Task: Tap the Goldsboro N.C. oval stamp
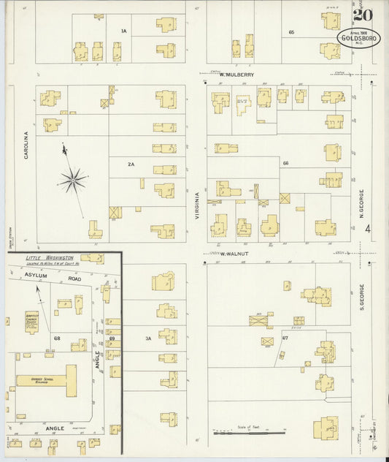358,38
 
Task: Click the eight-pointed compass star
73,179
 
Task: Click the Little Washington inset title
50,259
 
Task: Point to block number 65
291,32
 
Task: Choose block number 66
286,162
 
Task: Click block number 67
285,338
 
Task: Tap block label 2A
131,164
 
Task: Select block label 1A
124,31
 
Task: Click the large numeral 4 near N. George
368,230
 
